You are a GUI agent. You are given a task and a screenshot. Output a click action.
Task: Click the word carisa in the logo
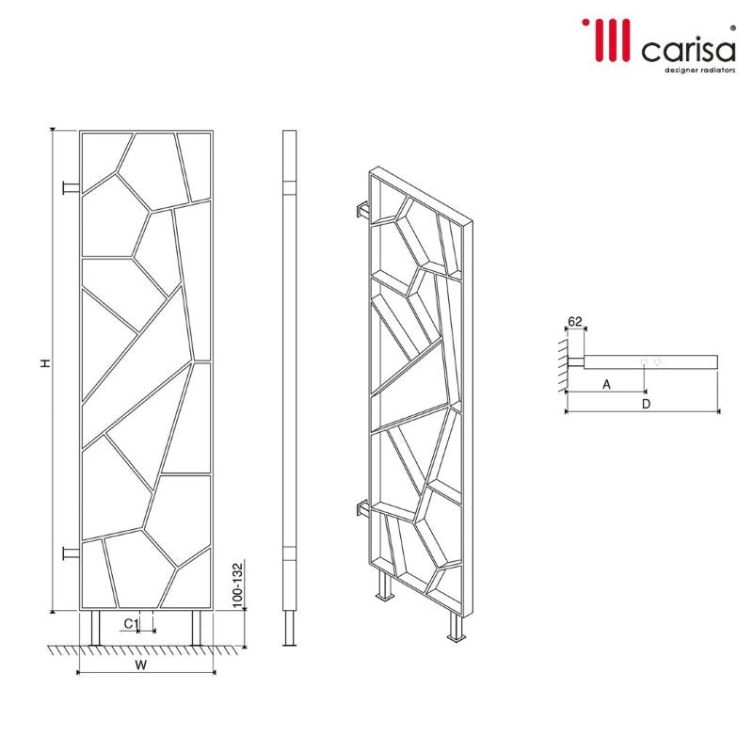click(687, 48)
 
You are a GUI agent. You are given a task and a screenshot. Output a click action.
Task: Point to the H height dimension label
click(44, 363)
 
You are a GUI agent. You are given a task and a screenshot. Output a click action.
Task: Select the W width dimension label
click(141, 665)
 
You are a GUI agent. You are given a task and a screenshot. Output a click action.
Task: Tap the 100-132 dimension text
click(237, 584)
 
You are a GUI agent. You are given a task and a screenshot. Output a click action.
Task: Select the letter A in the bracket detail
click(606, 383)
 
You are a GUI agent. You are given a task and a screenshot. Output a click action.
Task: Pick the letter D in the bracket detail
click(643, 404)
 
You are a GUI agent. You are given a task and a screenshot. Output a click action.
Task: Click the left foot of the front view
click(96, 628)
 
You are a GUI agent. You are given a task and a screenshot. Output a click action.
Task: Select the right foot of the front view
click(198, 628)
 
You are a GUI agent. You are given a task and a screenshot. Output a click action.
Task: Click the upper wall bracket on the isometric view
click(362, 211)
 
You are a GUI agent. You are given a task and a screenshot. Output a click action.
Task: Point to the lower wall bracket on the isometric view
click(362, 511)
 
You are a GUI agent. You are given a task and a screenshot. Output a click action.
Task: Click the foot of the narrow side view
click(290, 628)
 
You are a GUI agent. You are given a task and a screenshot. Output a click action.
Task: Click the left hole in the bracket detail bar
click(644, 361)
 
